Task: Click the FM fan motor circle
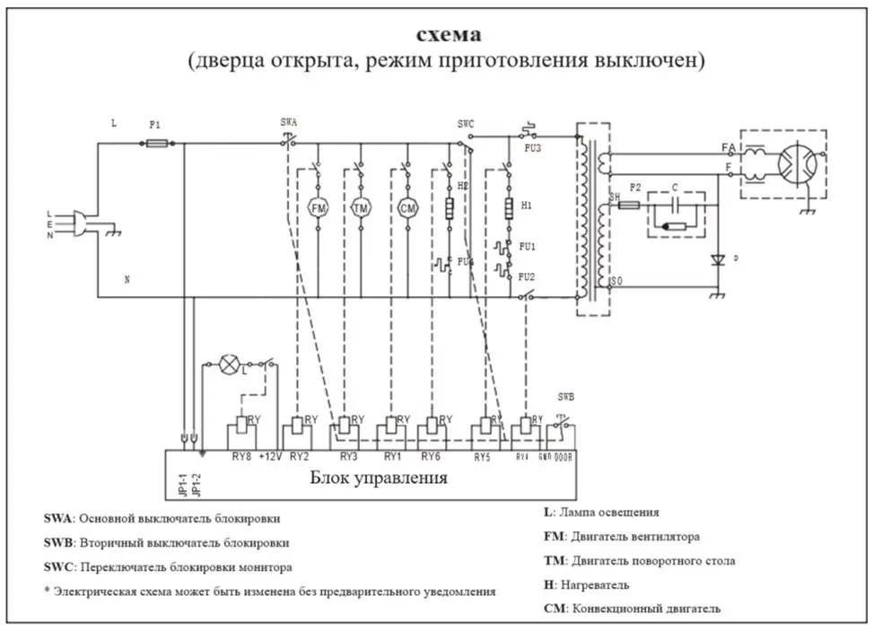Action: [318, 208]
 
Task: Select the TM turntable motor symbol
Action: [362, 208]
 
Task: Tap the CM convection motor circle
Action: [408, 208]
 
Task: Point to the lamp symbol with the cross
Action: [231, 364]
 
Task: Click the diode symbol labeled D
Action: [716, 260]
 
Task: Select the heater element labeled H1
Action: [508, 208]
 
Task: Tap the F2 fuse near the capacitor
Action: [629, 206]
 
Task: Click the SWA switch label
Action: [288, 121]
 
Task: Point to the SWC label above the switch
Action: [466, 122]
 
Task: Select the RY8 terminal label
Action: [242, 457]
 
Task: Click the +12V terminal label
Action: [270, 457]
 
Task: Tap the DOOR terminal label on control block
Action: [564, 457]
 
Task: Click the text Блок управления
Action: [378, 477]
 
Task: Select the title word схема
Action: [449, 35]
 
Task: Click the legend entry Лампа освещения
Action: [607, 512]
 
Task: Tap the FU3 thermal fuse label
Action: [533, 148]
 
